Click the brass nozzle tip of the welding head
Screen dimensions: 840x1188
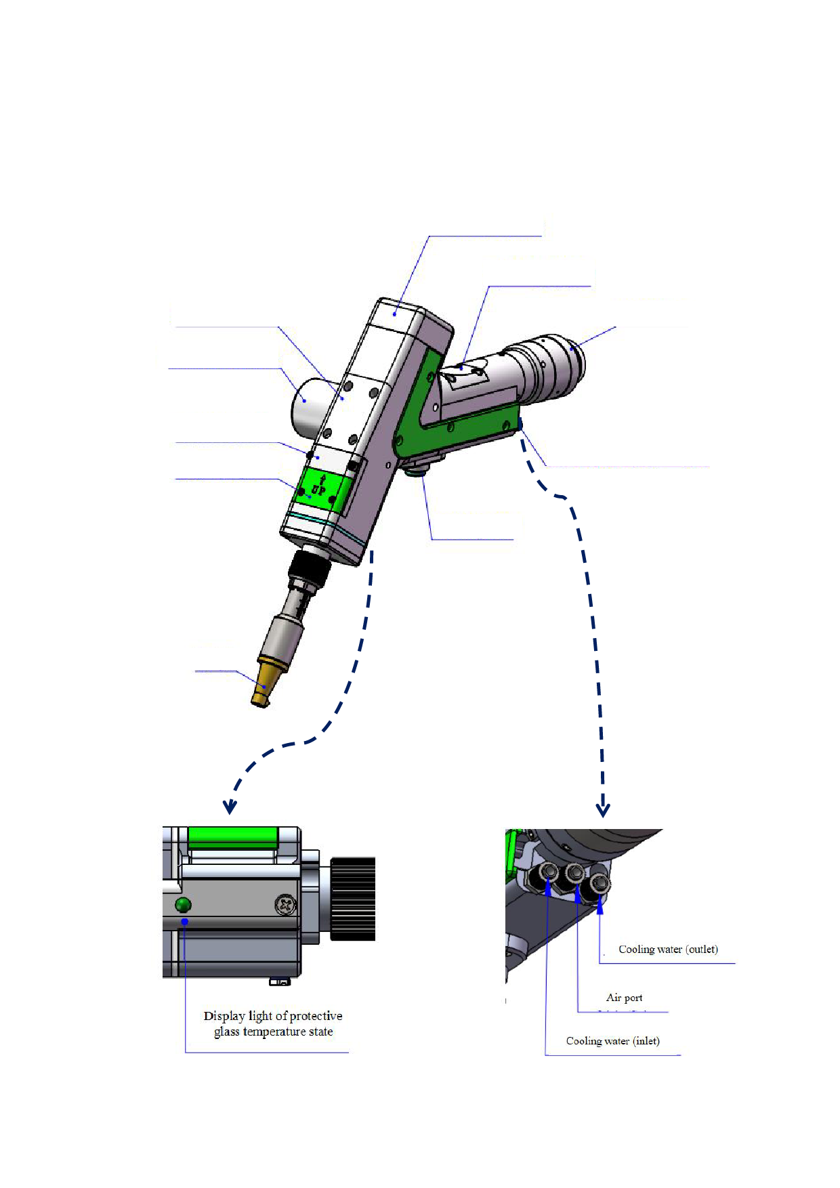click(266, 683)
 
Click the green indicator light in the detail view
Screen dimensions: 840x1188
click(183, 904)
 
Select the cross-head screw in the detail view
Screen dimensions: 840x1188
click(285, 904)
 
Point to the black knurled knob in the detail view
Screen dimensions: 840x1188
click(352, 899)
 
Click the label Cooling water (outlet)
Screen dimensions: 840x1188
click(668, 950)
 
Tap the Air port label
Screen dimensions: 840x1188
click(624, 998)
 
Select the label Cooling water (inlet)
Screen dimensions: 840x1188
click(612, 1041)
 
